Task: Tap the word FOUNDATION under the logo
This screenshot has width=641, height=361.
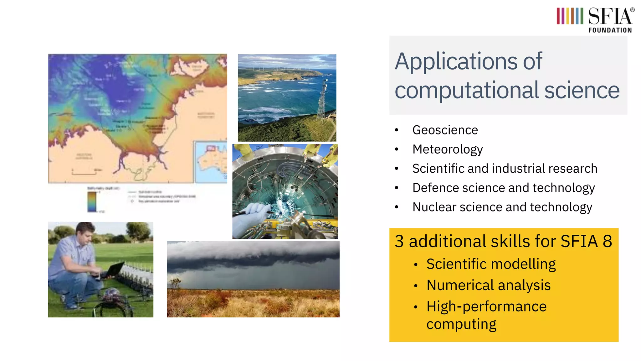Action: tap(610, 30)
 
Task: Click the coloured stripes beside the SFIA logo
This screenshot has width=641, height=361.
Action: tap(570, 16)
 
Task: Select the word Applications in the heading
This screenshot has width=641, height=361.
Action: tap(456, 61)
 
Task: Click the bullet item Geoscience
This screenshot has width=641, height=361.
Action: tap(445, 130)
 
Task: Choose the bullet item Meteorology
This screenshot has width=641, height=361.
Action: tap(448, 149)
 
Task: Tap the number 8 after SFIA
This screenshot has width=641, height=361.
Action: tap(607, 242)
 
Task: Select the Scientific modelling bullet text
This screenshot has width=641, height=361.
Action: tap(491, 264)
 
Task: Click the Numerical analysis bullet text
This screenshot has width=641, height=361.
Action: tap(488, 285)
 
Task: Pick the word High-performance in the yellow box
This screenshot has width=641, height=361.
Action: tap(486, 306)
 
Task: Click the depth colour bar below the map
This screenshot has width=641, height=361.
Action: tap(92, 201)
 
